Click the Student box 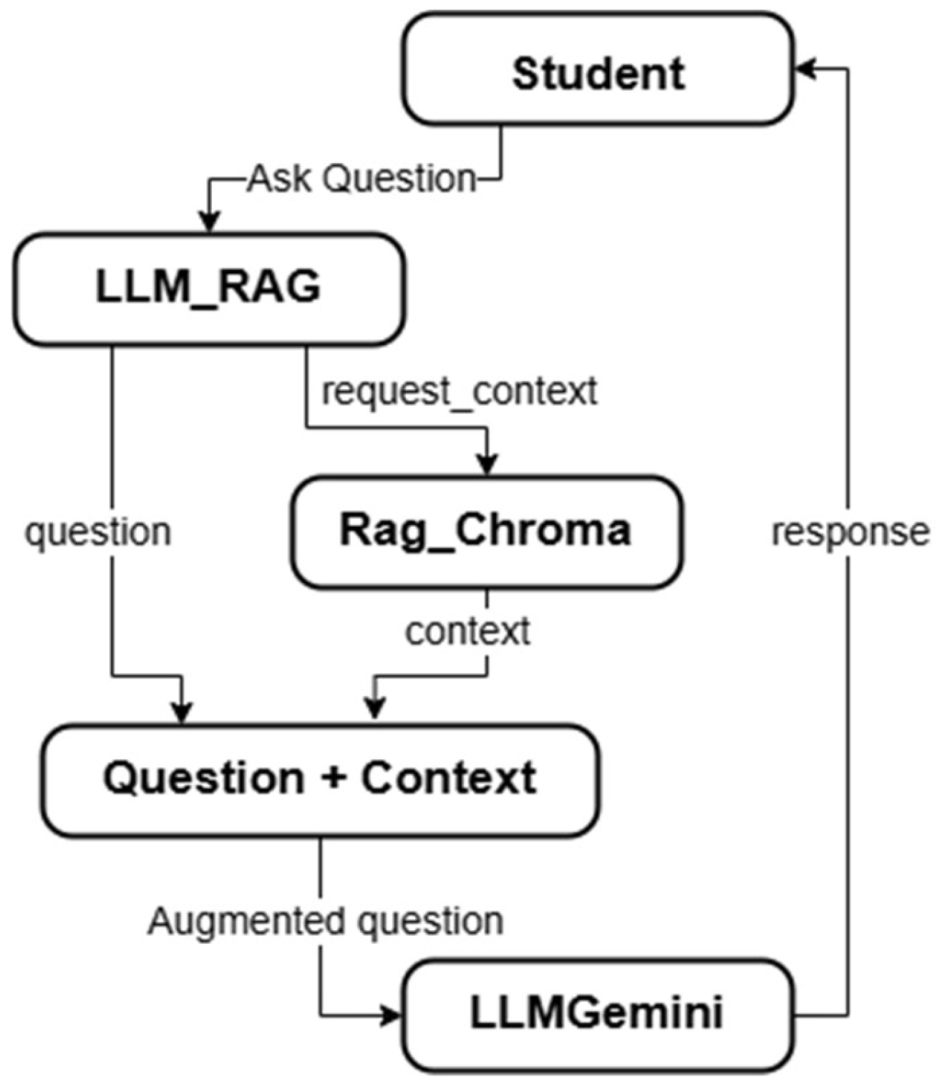(598, 72)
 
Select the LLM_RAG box (208, 288)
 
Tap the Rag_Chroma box (485, 531)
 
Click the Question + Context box (320, 778)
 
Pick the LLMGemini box (597, 1013)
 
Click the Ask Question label (361, 178)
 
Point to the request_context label (459, 391)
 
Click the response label (850, 532)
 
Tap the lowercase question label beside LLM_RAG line (98, 532)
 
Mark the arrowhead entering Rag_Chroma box (487, 465)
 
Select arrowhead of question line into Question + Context (183, 713)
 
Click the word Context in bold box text (448, 778)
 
